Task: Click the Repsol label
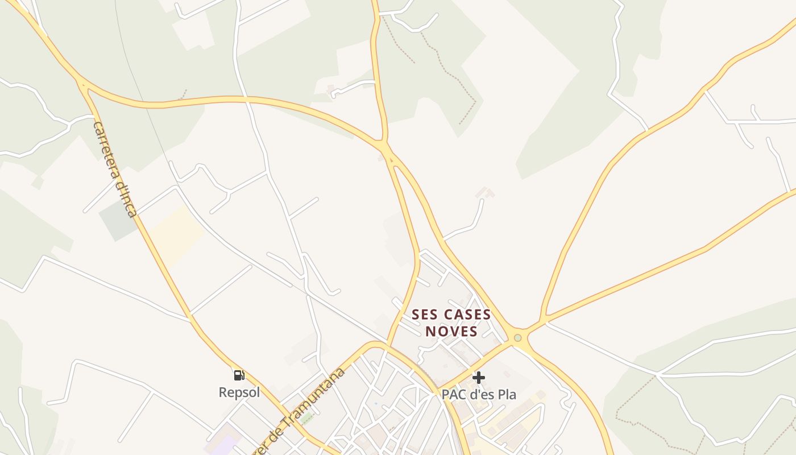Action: click(x=239, y=392)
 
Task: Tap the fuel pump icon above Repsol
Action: click(x=239, y=375)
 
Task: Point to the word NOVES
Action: click(x=451, y=331)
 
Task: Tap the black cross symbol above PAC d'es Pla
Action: click(x=479, y=377)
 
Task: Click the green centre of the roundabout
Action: click(x=517, y=338)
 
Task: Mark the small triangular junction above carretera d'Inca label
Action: click(x=84, y=87)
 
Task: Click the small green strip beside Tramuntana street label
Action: click(x=308, y=419)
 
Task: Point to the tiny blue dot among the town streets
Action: click(x=375, y=404)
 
